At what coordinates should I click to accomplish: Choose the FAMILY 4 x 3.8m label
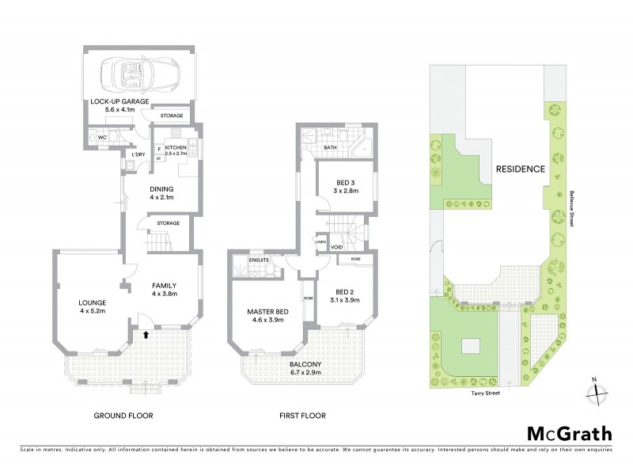[x=163, y=290]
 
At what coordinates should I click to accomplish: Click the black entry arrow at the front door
[x=146, y=336]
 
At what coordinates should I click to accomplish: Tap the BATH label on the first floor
[x=330, y=147]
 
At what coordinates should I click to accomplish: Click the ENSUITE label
[x=259, y=259]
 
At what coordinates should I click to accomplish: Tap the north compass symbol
[x=597, y=389]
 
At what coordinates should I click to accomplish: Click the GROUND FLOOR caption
[x=123, y=415]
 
